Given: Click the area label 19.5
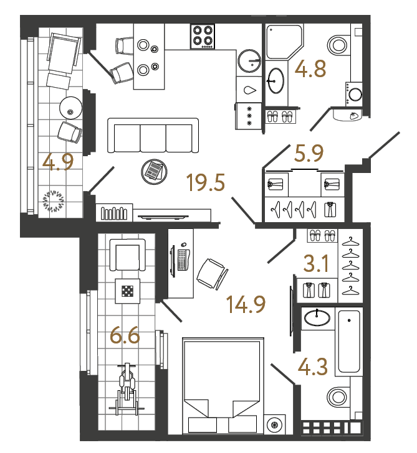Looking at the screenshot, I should [x=205, y=184].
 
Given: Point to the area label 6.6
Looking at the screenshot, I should [x=124, y=337].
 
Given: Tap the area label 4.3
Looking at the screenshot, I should [x=315, y=365].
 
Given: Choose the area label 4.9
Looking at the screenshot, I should [x=59, y=162].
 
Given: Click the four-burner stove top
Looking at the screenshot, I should [x=203, y=37].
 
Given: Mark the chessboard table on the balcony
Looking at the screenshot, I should [x=127, y=289].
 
